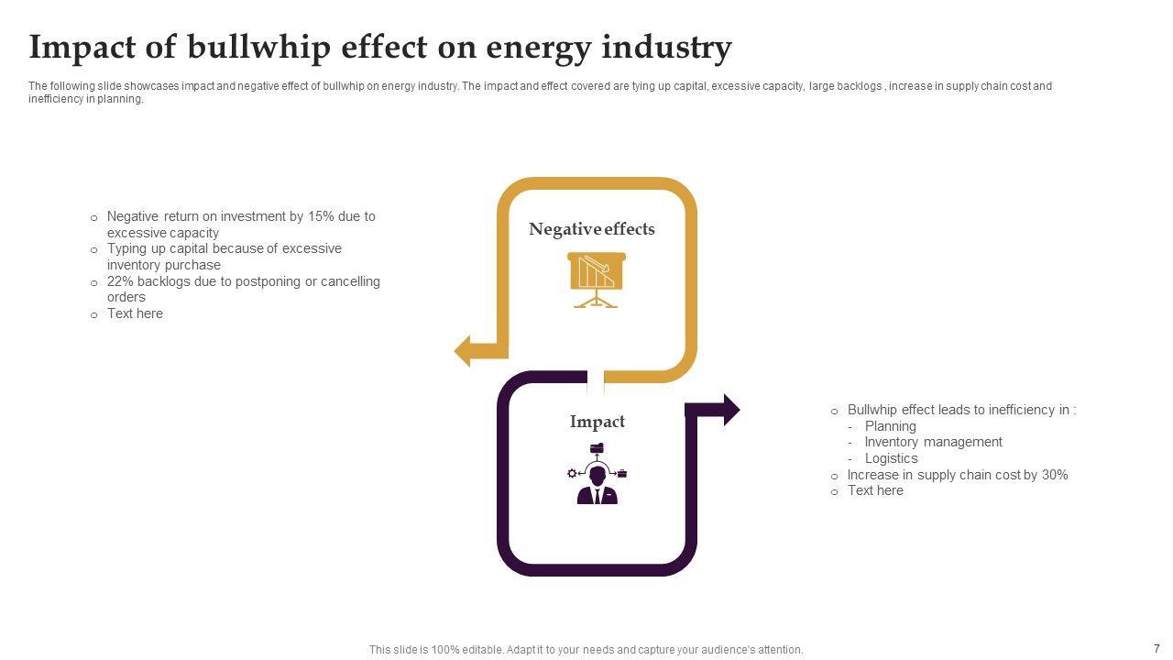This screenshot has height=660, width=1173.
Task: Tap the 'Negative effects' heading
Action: tap(592, 229)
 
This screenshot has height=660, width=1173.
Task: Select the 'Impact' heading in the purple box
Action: tap(597, 422)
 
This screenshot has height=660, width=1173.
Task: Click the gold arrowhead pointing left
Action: tap(464, 350)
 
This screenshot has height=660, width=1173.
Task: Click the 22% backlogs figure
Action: tap(120, 281)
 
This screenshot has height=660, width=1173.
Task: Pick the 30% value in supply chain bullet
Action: tap(1055, 475)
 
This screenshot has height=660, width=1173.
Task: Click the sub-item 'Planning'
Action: tap(890, 426)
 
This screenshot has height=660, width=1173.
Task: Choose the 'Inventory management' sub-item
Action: tap(933, 442)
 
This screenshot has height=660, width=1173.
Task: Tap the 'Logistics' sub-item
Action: tap(891, 458)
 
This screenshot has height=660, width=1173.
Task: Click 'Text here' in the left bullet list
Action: tap(135, 313)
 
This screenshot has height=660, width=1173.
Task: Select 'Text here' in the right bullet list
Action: tap(875, 490)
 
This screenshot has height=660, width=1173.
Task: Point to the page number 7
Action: tap(1157, 648)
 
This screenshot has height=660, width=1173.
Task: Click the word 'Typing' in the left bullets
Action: tap(127, 248)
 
